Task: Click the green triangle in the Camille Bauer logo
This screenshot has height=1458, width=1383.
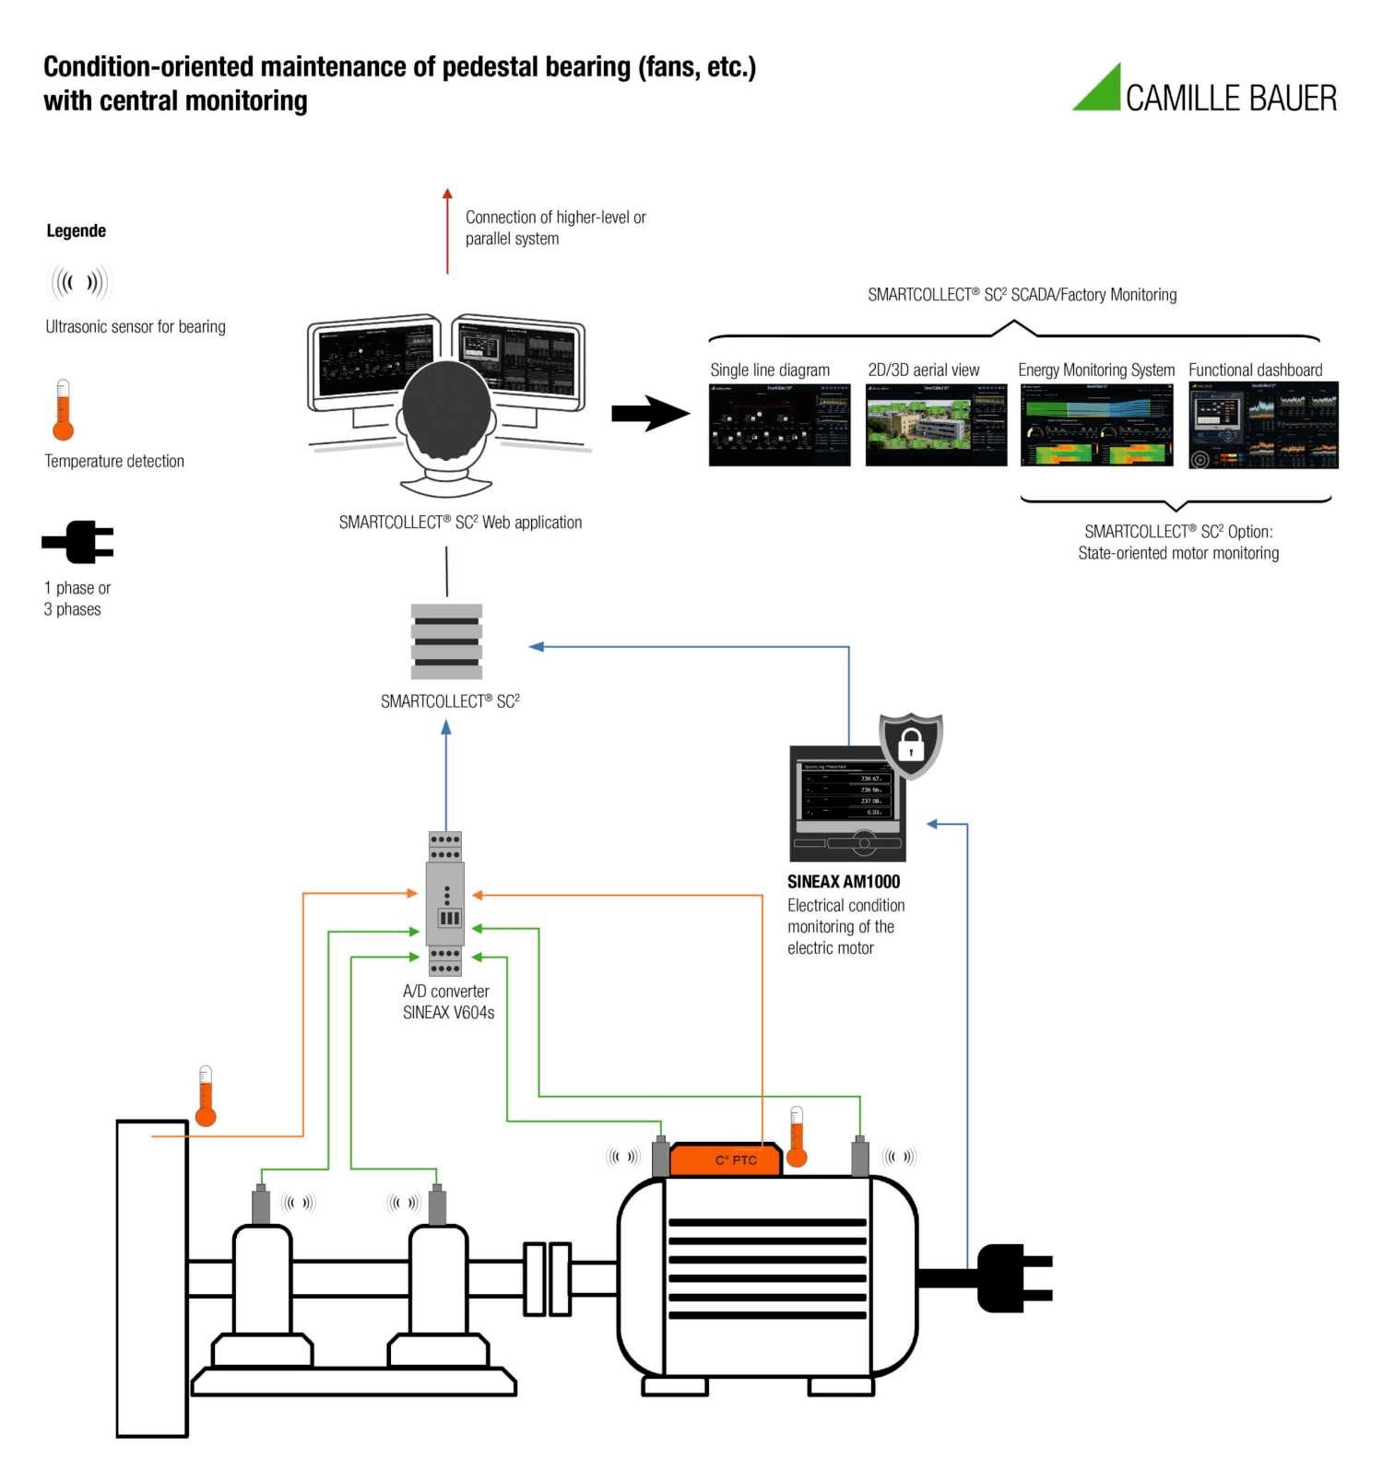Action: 1103,93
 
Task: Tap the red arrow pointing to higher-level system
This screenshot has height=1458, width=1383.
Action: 447,230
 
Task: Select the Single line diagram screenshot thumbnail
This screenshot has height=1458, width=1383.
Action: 779,425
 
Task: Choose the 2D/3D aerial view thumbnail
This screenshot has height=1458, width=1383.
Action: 936,425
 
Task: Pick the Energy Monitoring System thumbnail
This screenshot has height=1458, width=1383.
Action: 1096,425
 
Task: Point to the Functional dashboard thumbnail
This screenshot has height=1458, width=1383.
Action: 1263,425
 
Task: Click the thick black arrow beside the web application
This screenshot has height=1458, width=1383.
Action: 650,414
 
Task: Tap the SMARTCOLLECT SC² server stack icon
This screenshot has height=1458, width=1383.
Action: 446,641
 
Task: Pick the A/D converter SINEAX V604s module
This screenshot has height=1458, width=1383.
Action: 445,903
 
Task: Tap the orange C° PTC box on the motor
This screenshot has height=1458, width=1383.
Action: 727,1159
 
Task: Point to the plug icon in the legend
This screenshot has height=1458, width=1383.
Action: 78,542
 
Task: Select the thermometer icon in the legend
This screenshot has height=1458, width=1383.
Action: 63,410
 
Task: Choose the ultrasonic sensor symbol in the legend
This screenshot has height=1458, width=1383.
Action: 79,282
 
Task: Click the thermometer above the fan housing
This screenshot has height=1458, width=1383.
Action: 206,1096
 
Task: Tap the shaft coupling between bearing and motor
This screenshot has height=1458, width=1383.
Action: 548,1278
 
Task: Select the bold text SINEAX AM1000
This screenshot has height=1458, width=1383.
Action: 843,882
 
